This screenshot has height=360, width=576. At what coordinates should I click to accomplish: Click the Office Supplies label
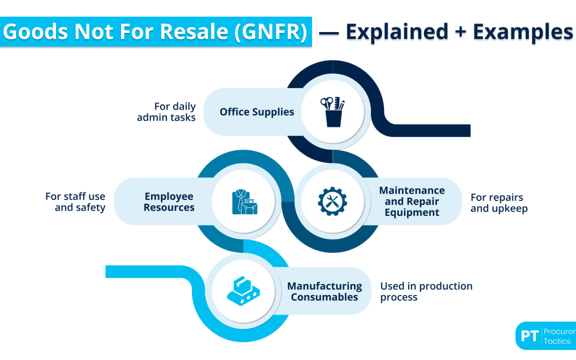(257, 112)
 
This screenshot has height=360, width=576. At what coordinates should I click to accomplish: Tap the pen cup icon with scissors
(333, 111)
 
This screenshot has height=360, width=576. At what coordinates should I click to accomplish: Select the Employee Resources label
(169, 202)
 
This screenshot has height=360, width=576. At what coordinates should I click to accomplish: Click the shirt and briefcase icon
(244, 202)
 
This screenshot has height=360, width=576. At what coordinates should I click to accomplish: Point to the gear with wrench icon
(332, 201)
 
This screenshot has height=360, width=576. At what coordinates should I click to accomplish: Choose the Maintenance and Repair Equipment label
(412, 201)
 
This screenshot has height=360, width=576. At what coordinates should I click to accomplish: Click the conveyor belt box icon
(243, 291)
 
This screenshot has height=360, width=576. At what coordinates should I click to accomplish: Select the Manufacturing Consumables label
(326, 292)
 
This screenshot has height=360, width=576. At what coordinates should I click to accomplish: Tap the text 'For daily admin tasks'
(166, 112)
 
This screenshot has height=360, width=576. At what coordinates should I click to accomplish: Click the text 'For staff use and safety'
(76, 202)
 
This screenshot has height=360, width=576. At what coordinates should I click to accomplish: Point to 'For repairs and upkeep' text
(499, 203)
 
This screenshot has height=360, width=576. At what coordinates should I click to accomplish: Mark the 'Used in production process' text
(426, 292)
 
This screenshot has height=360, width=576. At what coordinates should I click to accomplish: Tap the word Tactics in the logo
(557, 341)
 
